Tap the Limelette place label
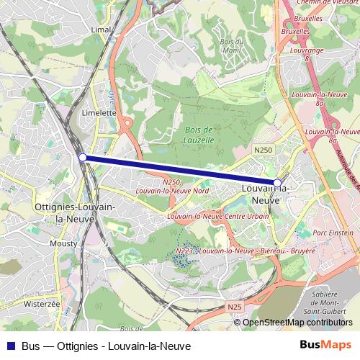tap(99, 113)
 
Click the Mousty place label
tap(64, 244)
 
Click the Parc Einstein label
tap(333, 233)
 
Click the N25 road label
tap(234, 307)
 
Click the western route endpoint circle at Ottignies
tap(83, 157)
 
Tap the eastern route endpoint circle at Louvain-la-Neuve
tap(277, 183)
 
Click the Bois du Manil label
tap(232, 45)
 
